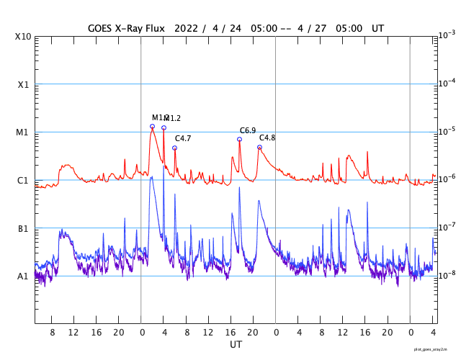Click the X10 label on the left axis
pos(23,37)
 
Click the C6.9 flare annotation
pos(248,130)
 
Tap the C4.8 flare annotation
pos(267,138)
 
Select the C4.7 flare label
pos(183,138)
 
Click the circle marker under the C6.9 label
pos(240,140)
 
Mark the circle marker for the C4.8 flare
pos(259,147)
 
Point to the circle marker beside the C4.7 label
pos(174,148)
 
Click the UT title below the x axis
pos(236,345)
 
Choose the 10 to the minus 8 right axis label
pos(446,275)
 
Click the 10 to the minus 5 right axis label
pos(446,131)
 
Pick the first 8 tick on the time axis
pos(53,332)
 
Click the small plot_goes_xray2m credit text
pos(436,349)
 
